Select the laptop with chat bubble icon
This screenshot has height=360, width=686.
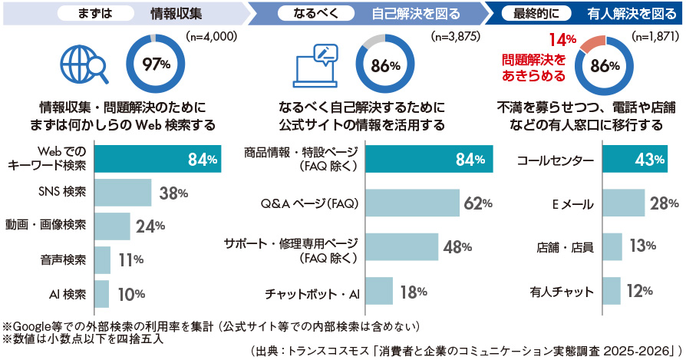316,65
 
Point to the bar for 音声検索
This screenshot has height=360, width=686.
103,260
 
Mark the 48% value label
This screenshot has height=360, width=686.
457,247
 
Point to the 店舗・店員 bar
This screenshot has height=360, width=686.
612,247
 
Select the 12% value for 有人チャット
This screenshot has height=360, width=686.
639,291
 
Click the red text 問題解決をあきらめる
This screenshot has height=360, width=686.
534,68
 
